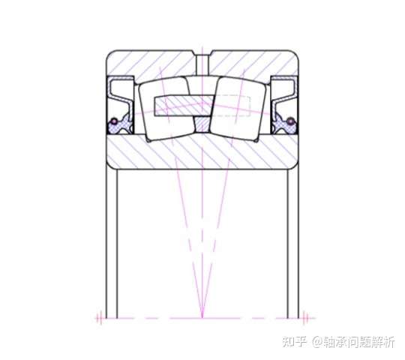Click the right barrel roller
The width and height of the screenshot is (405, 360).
[x=238, y=109]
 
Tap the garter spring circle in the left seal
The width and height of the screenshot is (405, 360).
[x=114, y=121]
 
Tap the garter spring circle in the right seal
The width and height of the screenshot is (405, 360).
[x=291, y=121]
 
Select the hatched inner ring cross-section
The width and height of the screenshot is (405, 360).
[x=202, y=152]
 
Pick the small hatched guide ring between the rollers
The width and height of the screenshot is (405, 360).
[x=202, y=124]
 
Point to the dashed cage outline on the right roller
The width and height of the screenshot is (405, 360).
[x=232, y=106]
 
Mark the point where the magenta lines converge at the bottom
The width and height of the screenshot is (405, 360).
[x=202, y=318]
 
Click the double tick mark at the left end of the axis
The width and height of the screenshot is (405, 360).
[x=99, y=318]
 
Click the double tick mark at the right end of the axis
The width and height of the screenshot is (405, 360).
[x=305, y=318]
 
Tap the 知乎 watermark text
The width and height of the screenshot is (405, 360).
[x=295, y=342]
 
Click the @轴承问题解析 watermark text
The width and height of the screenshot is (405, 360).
[x=353, y=342]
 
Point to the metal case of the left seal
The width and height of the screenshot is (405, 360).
[x=120, y=91]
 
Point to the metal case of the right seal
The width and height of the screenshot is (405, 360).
[x=285, y=91]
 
